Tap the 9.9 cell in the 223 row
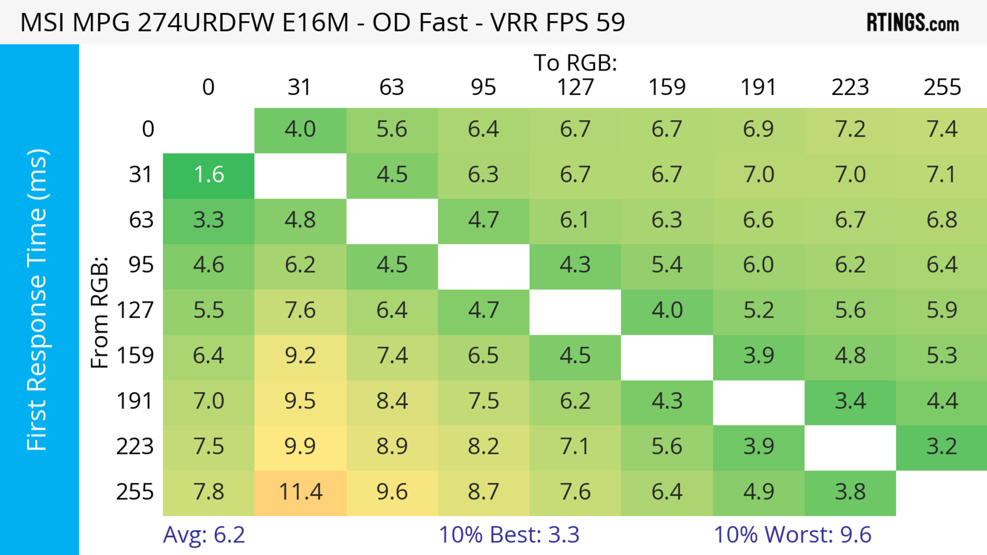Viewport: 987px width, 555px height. (x=300, y=447)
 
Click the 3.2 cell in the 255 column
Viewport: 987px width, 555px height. (x=942, y=447)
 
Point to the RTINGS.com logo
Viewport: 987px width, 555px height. (x=913, y=23)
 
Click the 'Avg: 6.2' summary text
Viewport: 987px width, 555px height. (x=204, y=535)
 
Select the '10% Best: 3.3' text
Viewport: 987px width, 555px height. (x=509, y=535)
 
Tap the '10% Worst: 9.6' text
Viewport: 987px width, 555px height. (x=792, y=535)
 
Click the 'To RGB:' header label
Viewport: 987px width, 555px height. (x=575, y=63)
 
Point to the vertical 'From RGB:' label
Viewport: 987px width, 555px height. (x=100, y=312)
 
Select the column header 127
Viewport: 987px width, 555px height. (x=575, y=87)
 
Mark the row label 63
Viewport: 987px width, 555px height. (x=141, y=220)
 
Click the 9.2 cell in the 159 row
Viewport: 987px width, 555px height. (x=300, y=356)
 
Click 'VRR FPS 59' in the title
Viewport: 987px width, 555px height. (x=558, y=22)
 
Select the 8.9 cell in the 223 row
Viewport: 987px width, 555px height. (x=392, y=447)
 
